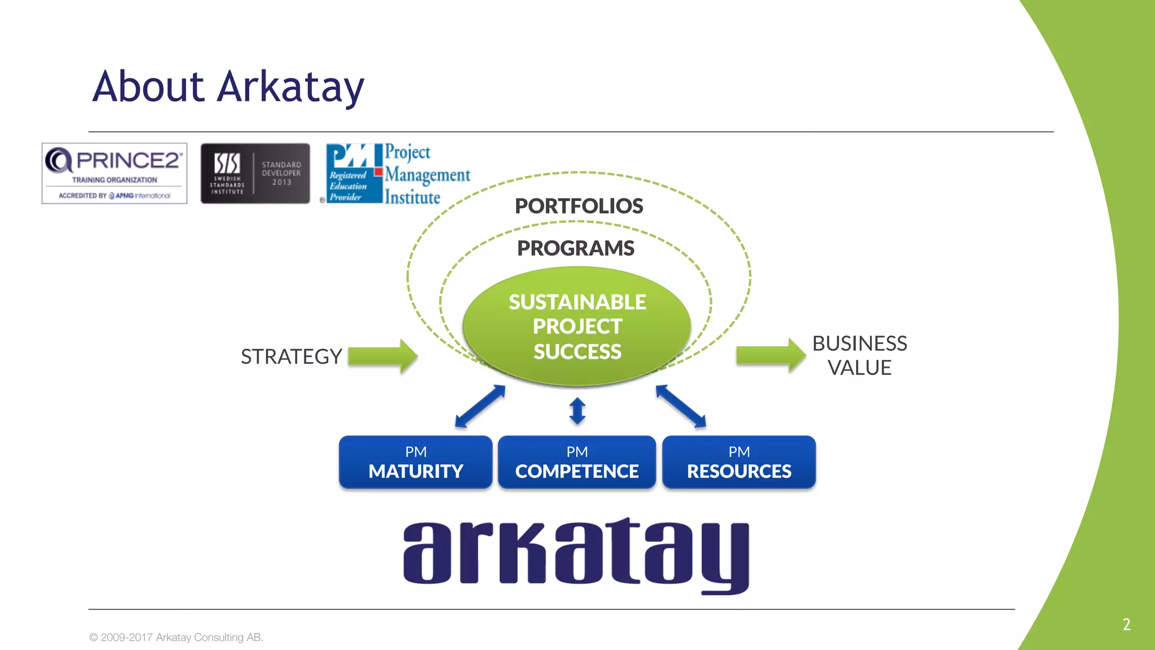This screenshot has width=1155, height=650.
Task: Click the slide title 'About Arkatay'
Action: [x=228, y=87]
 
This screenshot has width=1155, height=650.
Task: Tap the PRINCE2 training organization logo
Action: [x=114, y=173]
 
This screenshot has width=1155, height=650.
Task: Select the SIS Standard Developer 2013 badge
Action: [x=255, y=173]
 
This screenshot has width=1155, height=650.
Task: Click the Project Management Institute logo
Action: [x=398, y=174]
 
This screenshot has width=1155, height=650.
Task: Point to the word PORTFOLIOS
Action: [x=579, y=206]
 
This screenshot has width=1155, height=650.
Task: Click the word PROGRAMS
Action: [x=576, y=248]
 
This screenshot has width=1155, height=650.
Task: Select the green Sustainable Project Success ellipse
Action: [x=577, y=326]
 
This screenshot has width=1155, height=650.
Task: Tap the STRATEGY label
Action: [x=291, y=357]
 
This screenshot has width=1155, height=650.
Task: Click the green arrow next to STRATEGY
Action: [x=382, y=356]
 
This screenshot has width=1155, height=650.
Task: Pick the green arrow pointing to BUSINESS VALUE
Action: [x=770, y=355]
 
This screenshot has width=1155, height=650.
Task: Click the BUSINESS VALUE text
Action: [x=859, y=355]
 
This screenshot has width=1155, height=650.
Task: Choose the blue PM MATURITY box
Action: [x=416, y=462]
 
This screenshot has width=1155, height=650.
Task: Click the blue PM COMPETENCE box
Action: [x=577, y=462]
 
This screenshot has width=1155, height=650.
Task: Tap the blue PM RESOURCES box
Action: [x=739, y=462]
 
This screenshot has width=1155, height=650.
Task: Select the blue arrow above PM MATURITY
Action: [x=480, y=406]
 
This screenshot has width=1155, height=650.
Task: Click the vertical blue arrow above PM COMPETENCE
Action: [x=577, y=411]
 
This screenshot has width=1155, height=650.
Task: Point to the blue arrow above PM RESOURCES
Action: [x=681, y=406]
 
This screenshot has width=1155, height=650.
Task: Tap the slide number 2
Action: [x=1126, y=625]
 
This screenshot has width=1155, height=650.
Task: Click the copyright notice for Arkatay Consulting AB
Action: [x=177, y=637]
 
